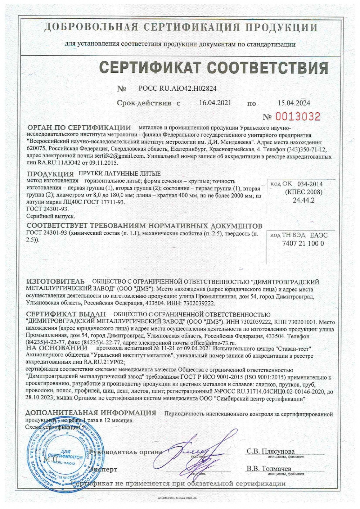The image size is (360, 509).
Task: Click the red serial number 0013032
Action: point(298,117)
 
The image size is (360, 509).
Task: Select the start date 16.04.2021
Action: point(215,103)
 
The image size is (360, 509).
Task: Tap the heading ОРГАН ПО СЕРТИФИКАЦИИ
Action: point(79,128)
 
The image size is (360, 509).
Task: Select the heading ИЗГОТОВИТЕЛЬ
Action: point(56,281)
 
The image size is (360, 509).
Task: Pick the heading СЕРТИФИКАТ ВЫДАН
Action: point(66,315)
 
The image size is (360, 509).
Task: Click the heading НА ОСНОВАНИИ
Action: point(57,348)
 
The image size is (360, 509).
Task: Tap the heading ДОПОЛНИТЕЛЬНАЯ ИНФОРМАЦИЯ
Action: point(91,413)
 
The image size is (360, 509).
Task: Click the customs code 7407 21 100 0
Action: point(298,243)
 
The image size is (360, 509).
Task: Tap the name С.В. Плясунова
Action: point(271,451)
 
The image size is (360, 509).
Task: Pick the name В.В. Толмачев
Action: point(269,469)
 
